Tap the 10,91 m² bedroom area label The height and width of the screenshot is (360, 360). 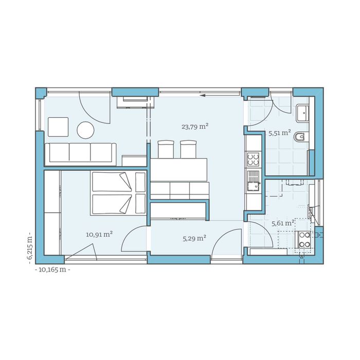(99, 235)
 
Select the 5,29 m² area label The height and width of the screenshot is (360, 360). (194, 238)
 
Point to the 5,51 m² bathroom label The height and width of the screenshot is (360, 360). (280, 133)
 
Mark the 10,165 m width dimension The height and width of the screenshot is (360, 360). (51, 269)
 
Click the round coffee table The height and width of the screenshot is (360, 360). (85, 130)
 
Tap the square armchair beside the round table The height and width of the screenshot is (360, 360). (58, 127)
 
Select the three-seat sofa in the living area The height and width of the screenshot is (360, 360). (80, 152)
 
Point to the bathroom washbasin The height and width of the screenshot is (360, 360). (303, 111)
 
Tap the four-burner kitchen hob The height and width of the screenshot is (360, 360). (253, 159)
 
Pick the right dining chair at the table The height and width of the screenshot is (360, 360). (188, 149)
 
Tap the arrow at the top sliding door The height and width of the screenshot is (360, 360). (203, 95)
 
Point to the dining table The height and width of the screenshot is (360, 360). (179, 169)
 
